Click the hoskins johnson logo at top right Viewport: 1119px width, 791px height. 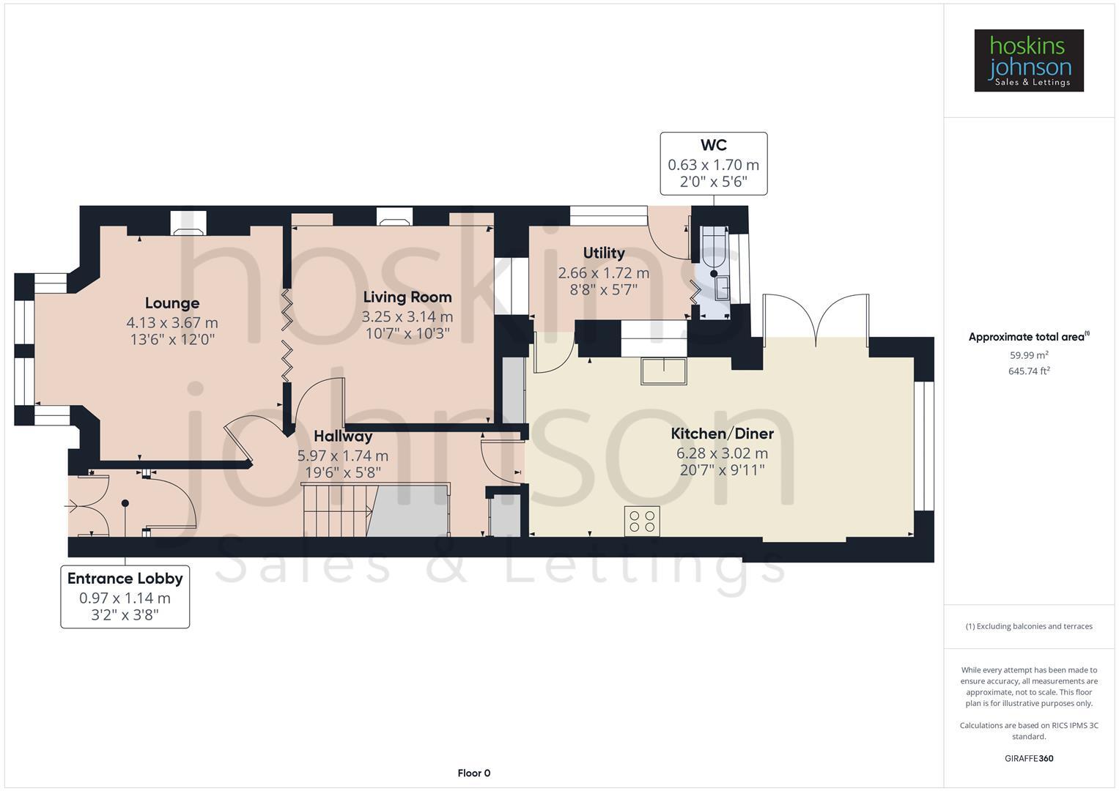[x=1028, y=60]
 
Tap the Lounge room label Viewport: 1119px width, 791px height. [x=172, y=303]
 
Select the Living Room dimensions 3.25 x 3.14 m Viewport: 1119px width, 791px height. [x=407, y=316]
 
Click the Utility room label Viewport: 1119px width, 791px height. [x=604, y=253]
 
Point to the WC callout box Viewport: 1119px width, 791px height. [x=713, y=163]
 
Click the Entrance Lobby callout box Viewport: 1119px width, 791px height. [x=125, y=596]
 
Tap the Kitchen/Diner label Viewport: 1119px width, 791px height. [x=722, y=434]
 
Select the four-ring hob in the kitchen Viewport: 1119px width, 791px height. [x=642, y=521]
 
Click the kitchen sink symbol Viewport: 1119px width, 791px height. [x=664, y=371]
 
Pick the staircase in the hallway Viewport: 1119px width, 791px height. [x=338, y=510]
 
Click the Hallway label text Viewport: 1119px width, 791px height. [x=343, y=437]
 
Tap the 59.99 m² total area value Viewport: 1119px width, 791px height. [x=1029, y=355]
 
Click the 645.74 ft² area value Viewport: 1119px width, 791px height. [x=1029, y=371]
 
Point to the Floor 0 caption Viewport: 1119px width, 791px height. [x=473, y=773]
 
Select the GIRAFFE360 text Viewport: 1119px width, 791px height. [x=1029, y=758]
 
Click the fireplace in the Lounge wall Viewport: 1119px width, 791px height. [x=188, y=223]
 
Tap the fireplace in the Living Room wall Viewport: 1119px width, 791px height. [x=394, y=218]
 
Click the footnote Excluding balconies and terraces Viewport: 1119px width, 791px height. [x=1029, y=626]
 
